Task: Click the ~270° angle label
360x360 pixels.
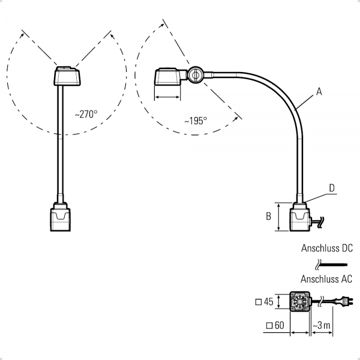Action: pyautogui.click(x=86, y=113)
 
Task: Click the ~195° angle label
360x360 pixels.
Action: pyautogui.click(x=195, y=121)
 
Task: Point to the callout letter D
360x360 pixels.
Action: pyautogui.click(x=331, y=188)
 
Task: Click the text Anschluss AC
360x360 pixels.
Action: pyautogui.click(x=327, y=278)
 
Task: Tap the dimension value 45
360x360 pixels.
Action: pyautogui.click(x=268, y=302)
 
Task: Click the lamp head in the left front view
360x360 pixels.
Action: pyautogui.click(x=67, y=77)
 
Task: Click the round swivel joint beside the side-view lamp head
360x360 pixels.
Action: pyautogui.click(x=196, y=76)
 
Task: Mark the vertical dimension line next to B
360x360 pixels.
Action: pyautogui.click(x=280, y=217)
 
